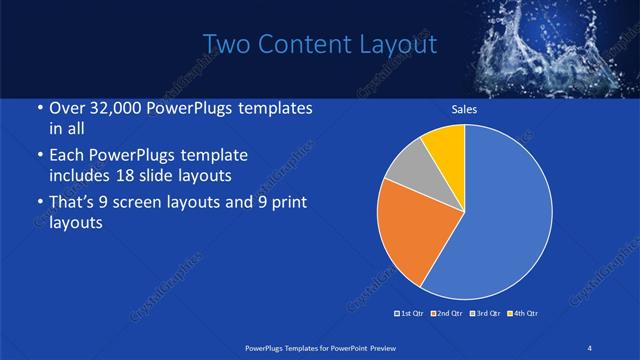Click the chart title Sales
coord(463,110)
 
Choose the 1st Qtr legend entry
coord(412,313)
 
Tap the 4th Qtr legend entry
coord(524,313)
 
